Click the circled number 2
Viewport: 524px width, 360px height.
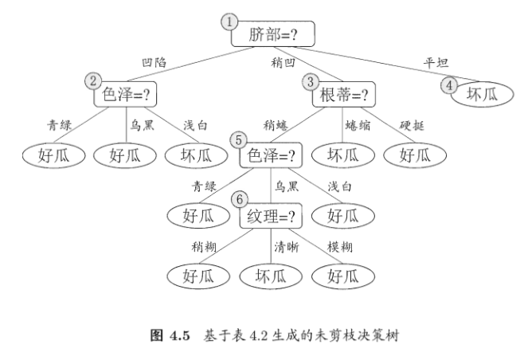pyautogui.click(x=94, y=80)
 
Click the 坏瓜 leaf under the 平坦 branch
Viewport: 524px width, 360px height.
pyautogui.click(x=482, y=94)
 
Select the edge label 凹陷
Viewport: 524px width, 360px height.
pyautogui.click(x=156, y=62)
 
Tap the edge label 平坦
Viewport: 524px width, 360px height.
pyautogui.click(x=436, y=62)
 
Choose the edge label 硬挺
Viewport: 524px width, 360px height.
pyautogui.click(x=416, y=124)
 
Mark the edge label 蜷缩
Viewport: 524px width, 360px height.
pyautogui.click(x=357, y=124)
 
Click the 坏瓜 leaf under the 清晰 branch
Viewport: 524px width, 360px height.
pyautogui.click(x=269, y=276)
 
